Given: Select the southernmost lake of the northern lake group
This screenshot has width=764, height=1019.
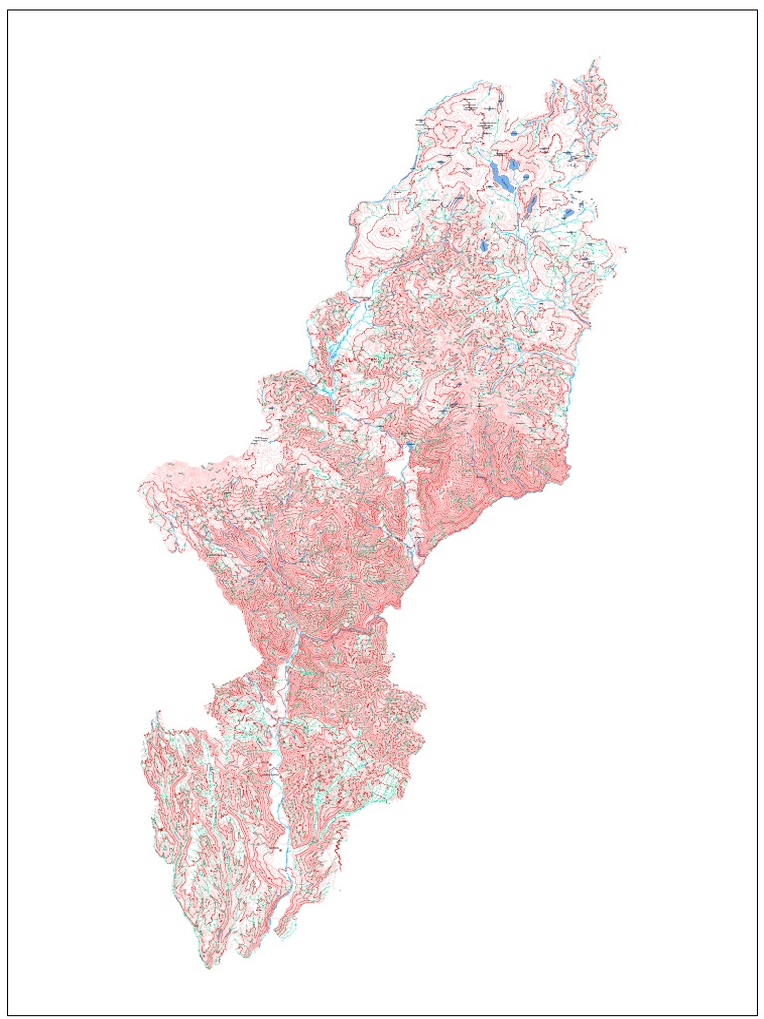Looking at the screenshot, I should click(x=484, y=245).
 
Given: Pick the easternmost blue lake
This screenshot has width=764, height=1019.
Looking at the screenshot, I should click(x=568, y=213).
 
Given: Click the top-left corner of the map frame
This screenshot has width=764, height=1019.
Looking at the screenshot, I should click(x=8, y=10).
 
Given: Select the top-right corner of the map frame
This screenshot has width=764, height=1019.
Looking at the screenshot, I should click(x=757, y=10).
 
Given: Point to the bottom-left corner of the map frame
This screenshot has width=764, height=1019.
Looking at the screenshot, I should click(x=8, y=1014).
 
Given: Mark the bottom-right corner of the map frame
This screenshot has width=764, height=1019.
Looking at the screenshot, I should click(x=757, y=1014).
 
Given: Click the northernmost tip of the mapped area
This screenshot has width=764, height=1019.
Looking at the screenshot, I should click(x=597, y=59).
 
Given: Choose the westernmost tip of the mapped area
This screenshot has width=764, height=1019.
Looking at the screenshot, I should click(x=139, y=488).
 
